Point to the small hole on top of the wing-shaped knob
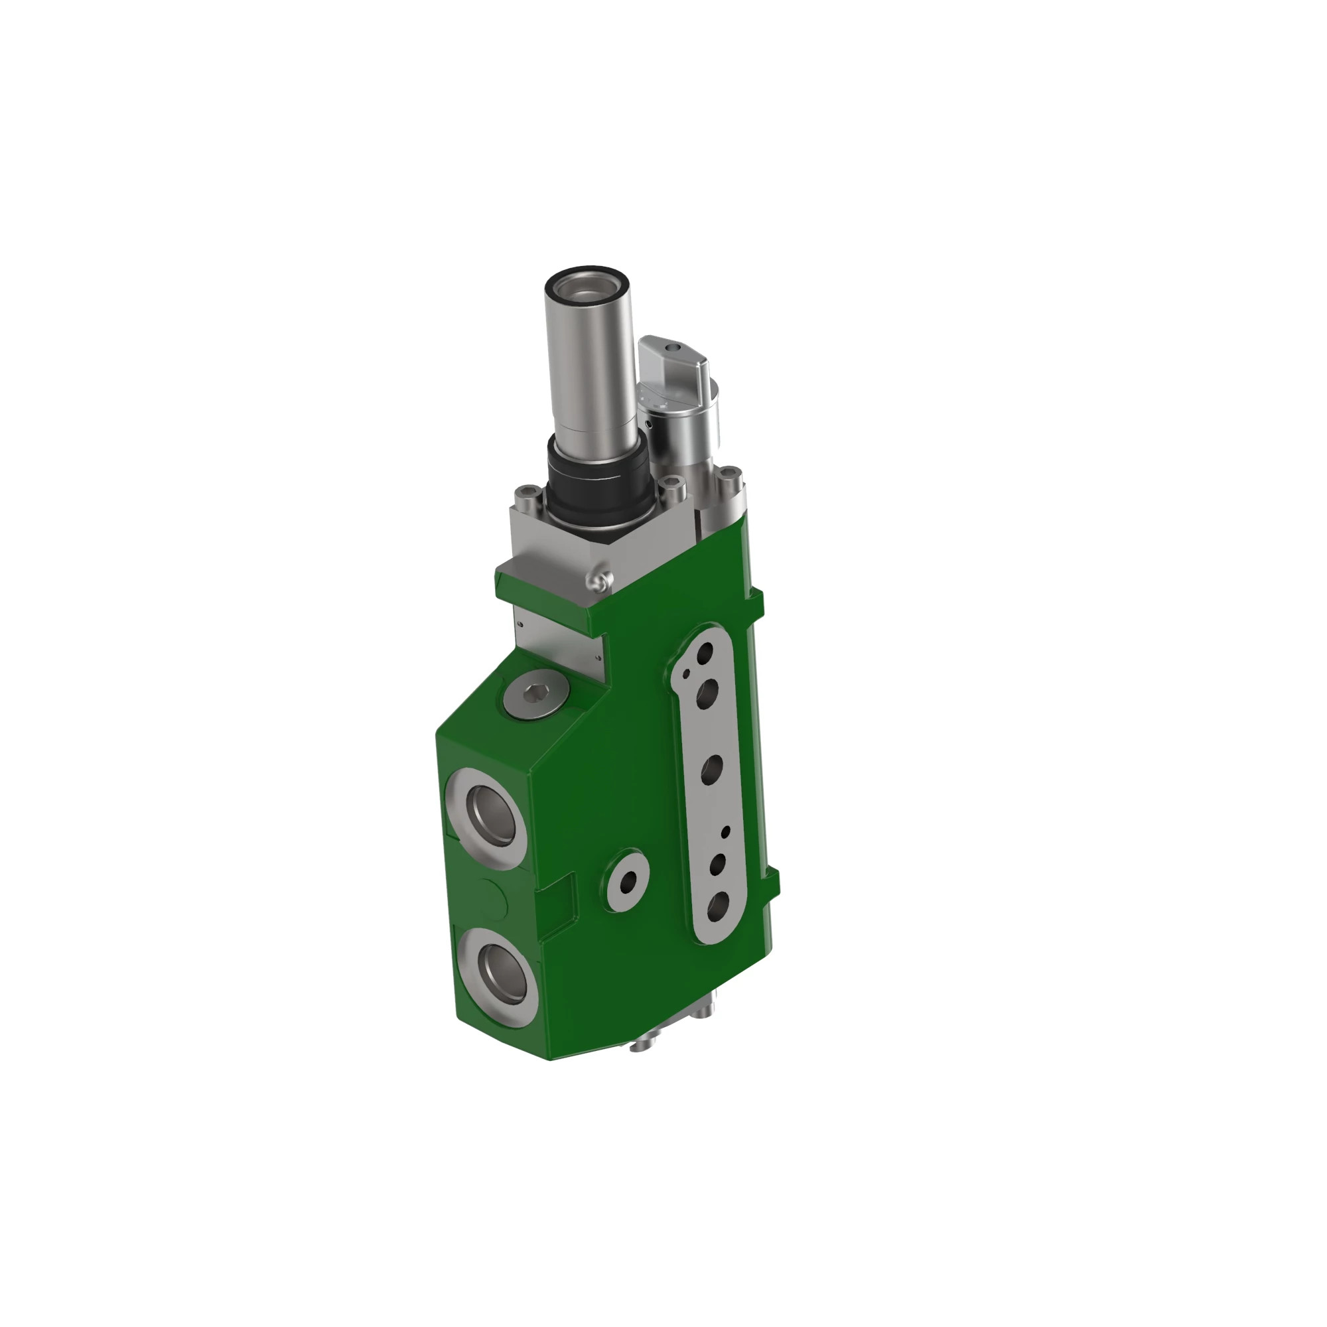coord(674,348)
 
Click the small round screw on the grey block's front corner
coord(599,582)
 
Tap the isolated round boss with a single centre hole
coord(627,883)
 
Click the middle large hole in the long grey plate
coord(711,768)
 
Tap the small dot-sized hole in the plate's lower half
coord(725,832)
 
